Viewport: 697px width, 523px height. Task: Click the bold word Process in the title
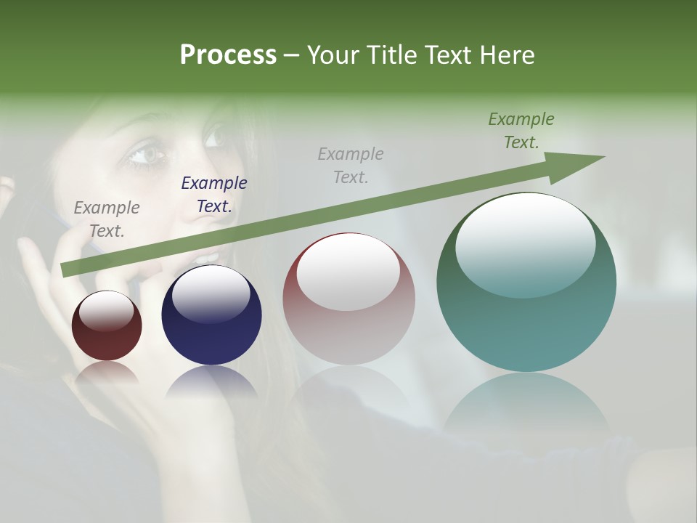228,55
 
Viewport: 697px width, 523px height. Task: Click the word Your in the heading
333,55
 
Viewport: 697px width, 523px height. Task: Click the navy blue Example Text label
213,195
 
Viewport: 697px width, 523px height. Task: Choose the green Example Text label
521,131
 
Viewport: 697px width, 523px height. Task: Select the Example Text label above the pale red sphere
351,165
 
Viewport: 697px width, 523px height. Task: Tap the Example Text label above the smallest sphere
107,219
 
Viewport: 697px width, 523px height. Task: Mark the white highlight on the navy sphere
211,292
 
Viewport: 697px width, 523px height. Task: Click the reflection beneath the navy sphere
211,381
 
